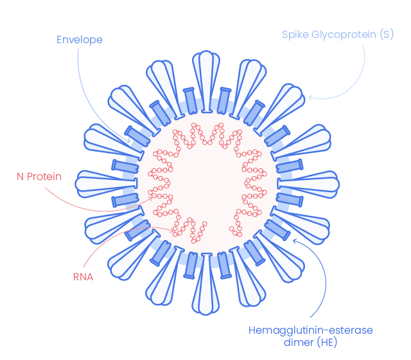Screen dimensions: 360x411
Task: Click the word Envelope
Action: pyautogui.click(x=79, y=39)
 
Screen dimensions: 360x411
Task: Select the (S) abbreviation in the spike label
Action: pyautogui.click(x=386, y=34)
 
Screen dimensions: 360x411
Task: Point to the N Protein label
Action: pyautogui.click(x=39, y=175)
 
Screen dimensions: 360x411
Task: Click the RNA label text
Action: pyautogui.click(x=83, y=277)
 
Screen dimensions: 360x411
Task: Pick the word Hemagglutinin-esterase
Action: pyautogui.click(x=311, y=330)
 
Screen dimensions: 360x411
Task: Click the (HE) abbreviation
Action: pyautogui.click(x=326, y=343)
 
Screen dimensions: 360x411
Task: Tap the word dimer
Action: pyautogui.click(x=298, y=343)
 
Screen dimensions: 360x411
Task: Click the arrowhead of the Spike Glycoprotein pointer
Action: pyautogui.click(x=310, y=97)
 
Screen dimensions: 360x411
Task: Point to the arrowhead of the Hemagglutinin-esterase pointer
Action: pyautogui.click(x=293, y=240)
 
